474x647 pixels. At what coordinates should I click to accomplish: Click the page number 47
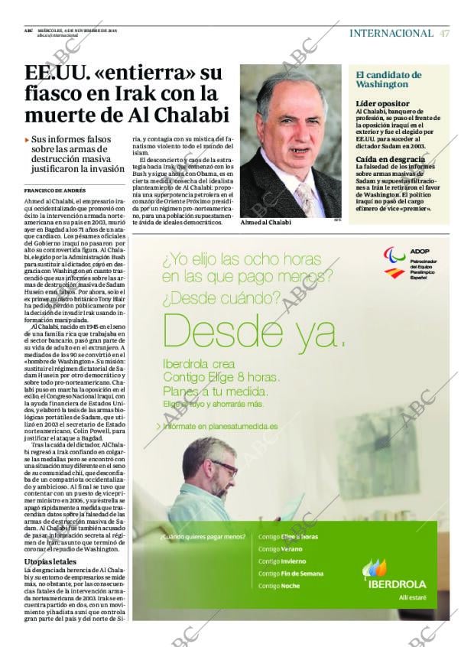point(444,33)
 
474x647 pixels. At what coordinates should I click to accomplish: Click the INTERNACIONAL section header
point(391,33)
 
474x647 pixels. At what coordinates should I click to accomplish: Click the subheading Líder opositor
point(382,103)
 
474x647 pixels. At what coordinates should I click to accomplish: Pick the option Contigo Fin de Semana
point(291,574)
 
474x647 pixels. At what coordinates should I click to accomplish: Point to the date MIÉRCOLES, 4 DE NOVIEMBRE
point(76,31)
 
